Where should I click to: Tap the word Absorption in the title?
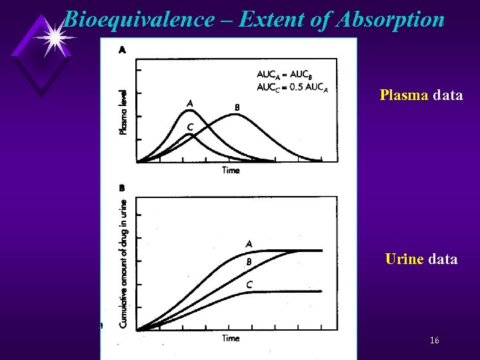tap(391, 19)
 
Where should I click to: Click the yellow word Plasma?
tap(404, 95)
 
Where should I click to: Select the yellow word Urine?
tap(404, 259)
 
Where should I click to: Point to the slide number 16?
tap(434, 340)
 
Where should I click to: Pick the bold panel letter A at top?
tap(123, 49)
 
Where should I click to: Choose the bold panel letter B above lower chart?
tap(122, 189)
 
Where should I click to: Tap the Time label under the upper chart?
tap(231, 171)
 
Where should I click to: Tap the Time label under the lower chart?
tap(231, 338)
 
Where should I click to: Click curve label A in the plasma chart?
tap(191, 103)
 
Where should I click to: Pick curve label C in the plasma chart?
tap(191, 127)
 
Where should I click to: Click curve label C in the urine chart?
tap(249, 285)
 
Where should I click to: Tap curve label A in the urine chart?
tap(249, 243)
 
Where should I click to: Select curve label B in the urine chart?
tap(249, 262)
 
